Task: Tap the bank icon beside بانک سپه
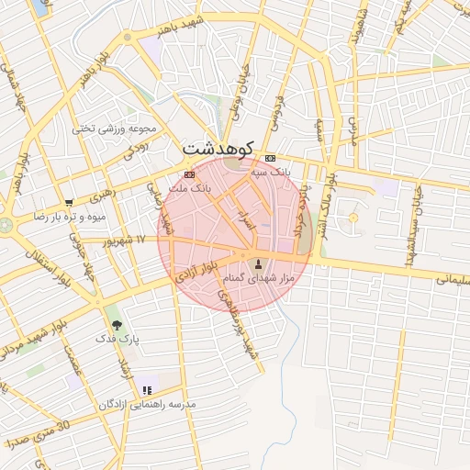269,158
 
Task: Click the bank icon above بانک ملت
189,173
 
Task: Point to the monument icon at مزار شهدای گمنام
256,264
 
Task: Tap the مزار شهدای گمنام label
256,278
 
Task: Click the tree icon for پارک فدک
117,324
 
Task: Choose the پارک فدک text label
117,339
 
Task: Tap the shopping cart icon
69,203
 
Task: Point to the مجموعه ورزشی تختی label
117,129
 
